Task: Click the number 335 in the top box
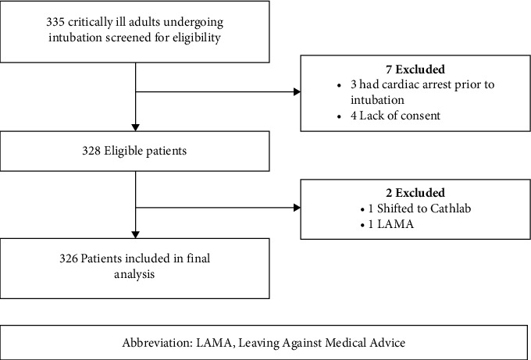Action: coord(55,23)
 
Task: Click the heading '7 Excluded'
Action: coord(415,70)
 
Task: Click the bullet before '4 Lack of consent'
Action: coord(340,117)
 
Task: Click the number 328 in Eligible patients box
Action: coord(91,151)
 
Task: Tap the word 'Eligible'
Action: coord(123,151)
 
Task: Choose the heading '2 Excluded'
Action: coord(415,193)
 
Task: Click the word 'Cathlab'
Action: coord(451,209)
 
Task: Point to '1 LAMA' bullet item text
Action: coord(391,224)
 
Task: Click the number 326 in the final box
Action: coord(69,258)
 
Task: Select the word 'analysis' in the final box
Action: coord(134,274)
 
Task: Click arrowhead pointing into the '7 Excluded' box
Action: coord(297,92)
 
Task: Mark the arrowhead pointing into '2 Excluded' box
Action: coord(297,208)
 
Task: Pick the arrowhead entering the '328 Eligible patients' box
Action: coord(135,127)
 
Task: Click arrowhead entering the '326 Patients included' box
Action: coord(135,235)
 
